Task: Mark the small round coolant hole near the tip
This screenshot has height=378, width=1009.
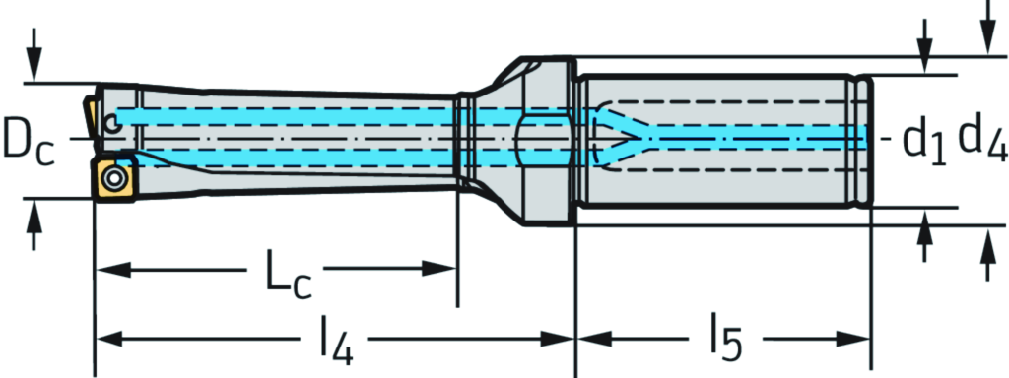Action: pyautogui.click(x=115, y=124)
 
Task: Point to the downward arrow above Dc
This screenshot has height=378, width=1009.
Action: pyautogui.click(x=34, y=69)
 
